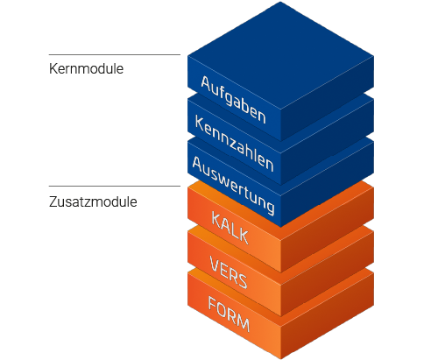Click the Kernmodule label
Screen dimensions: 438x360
pos(86,69)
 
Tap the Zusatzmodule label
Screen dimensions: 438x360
pos(93,201)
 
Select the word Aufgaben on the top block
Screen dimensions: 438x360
pos(233,100)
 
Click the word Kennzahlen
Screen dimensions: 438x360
pos(234,144)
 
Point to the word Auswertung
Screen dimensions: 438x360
pos(233,186)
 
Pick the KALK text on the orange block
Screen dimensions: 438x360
pos(230,229)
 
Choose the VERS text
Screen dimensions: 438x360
pos(229,272)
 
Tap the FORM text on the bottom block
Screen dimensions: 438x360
pos(229,314)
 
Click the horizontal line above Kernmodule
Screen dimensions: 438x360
pos(115,54)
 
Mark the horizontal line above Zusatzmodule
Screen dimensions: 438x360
pos(115,186)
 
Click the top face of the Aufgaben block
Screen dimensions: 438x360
pos(280,55)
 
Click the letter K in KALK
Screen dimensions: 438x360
pos(216,221)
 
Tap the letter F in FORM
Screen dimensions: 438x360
pos(213,305)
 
